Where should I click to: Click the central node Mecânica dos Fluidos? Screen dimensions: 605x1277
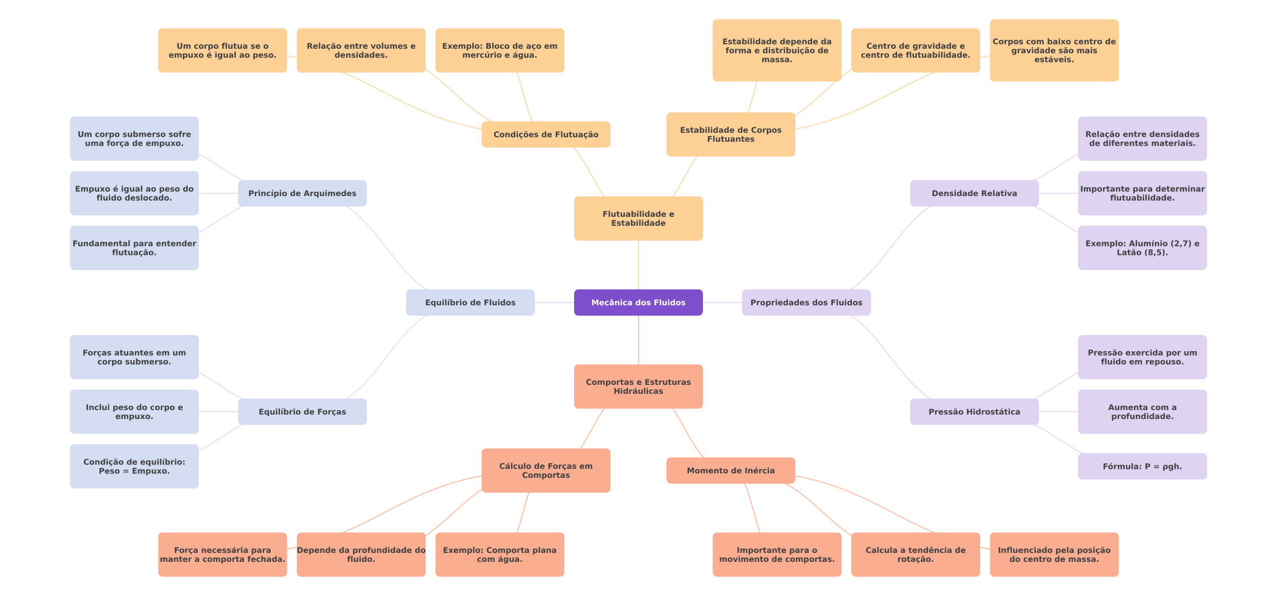pyautogui.click(x=638, y=302)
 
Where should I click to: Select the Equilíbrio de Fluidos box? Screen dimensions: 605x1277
pyautogui.click(x=470, y=302)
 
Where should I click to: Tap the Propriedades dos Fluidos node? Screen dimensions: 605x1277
pyautogui.click(x=806, y=302)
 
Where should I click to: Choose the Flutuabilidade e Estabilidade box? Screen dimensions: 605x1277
pyautogui.click(x=638, y=218)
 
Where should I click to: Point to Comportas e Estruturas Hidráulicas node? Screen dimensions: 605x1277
pyautogui.click(x=638, y=387)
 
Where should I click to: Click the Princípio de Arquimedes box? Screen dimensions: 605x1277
pyautogui.click(x=302, y=193)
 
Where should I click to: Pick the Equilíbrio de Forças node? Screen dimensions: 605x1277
pyautogui.click(x=302, y=412)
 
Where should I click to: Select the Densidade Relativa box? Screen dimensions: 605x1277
pyautogui.click(x=974, y=193)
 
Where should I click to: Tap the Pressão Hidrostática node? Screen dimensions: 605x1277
pyautogui.click(x=974, y=412)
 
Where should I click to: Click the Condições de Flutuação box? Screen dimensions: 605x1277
pyautogui.click(x=546, y=134)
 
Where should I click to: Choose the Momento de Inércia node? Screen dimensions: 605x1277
pyautogui.click(x=730, y=471)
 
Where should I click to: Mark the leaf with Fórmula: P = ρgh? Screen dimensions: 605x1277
pyautogui.click(x=1142, y=466)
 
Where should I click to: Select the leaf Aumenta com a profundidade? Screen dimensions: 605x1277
pyautogui.click(x=1142, y=412)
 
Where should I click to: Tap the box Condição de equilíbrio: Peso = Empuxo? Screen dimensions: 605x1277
pyautogui.click(x=134, y=466)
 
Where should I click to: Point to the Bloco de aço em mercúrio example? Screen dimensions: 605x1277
pyautogui.click(x=500, y=50)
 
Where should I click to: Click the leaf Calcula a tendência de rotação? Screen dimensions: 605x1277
pyautogui.click(x=915, y=555)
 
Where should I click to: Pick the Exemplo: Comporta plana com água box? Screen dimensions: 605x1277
pyautogui.click(x=500, y=555)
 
